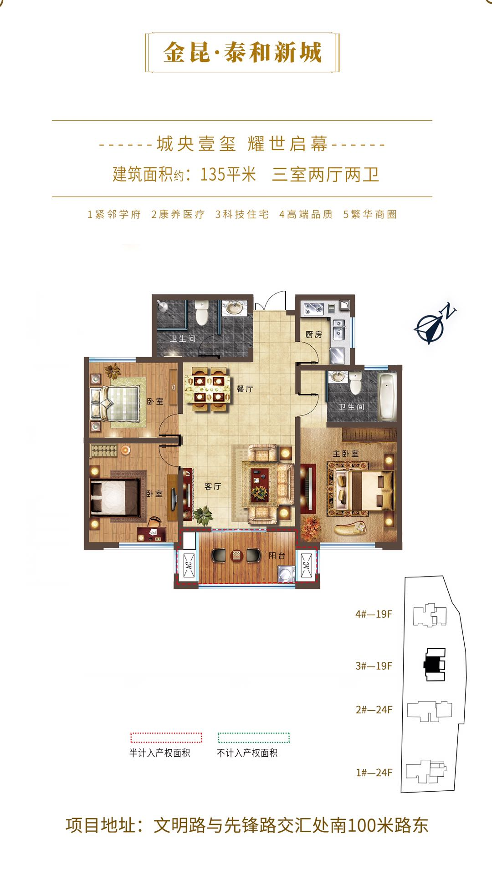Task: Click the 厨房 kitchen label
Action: [313, 334]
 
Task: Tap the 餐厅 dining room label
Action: [245, 389]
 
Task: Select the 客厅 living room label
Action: [213, 486]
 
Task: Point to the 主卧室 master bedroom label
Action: [345, 454]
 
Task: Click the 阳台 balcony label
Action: [277, 555]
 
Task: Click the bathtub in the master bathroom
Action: [388, 396]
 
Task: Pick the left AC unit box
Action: [189, 565]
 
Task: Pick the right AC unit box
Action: [306, 565]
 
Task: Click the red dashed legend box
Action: [166, 738]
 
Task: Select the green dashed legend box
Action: [254, 738]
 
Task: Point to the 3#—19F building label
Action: [374, 666]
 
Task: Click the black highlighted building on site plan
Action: [434, 665]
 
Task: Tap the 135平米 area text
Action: [228, 174]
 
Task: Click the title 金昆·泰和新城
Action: [242, 52]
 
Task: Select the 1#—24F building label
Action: [374, 773]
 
